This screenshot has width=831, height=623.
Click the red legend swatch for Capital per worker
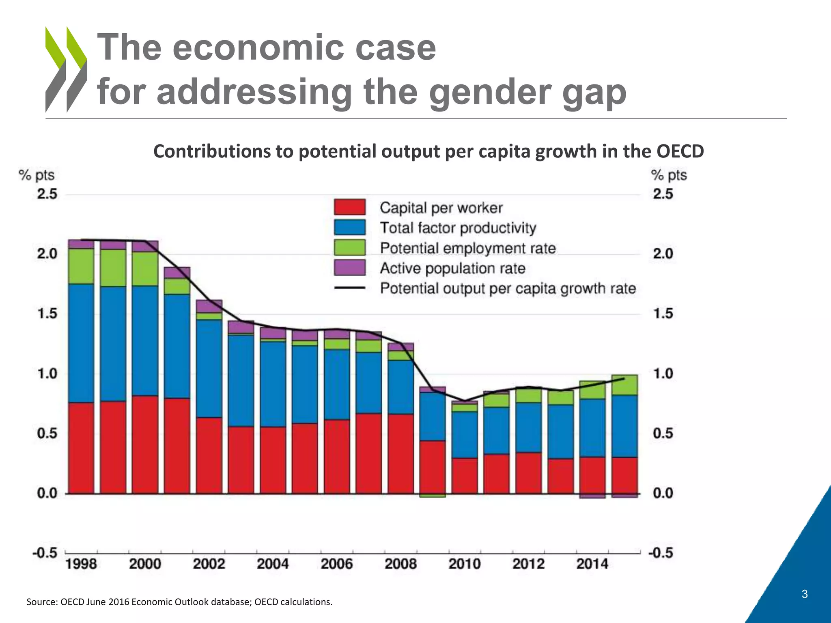350,207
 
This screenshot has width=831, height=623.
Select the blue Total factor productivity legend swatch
350,228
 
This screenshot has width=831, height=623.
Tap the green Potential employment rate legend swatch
350,248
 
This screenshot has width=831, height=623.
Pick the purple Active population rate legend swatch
350,268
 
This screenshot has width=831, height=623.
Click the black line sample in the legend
350,288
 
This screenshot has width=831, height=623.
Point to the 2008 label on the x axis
400,564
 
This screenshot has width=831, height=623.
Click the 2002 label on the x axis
209,564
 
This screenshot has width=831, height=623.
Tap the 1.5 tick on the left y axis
47,314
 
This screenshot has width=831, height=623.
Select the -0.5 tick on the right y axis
661,553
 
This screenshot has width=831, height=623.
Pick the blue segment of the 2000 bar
145,341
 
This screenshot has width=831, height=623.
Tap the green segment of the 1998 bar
81,266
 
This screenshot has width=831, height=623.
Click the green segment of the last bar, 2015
624,385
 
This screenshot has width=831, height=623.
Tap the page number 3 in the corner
805,594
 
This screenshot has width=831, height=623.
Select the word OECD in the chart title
680,151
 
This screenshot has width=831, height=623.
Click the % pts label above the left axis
37,175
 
